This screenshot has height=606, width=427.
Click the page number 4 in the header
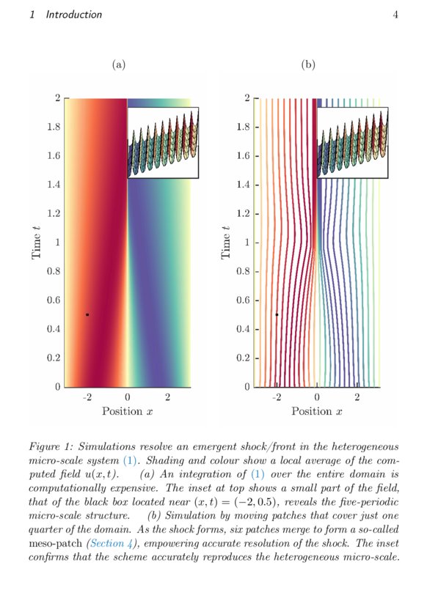(x=395, y=15)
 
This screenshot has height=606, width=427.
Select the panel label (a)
(x=119, y=65)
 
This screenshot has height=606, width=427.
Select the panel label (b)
(x=308, y=65)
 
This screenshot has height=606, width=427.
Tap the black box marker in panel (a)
(x=87, y=314)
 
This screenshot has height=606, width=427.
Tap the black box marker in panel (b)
(x=277, y=314)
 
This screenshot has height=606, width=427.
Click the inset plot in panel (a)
(x=163, y=142)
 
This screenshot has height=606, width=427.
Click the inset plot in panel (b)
(x=352, y=142)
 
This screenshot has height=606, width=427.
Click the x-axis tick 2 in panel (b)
(x=357, y=397)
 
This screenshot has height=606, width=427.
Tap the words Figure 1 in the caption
(x=49, y=446)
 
